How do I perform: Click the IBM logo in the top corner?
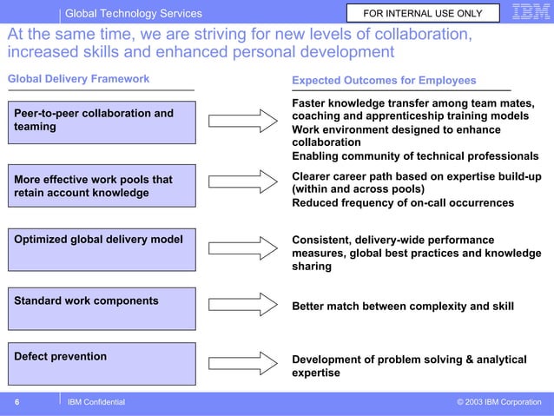pyautogui.click(x=531, y=13)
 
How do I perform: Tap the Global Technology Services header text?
pyautogui.click(x=134, y=13)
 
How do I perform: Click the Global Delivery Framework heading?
pyautogui.click(x=79, y=79)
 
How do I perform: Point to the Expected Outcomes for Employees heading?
pyautogui.click(x=384, y=81)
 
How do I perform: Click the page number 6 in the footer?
pyautogui.click(x=16, y=402)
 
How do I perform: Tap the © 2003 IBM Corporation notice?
pyautogui.click(x=498, y=402)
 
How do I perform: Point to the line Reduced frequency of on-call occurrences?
pyautogui.click(x=402, y=202)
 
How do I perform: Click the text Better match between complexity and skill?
pyautogui.click(x=402, y=306)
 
